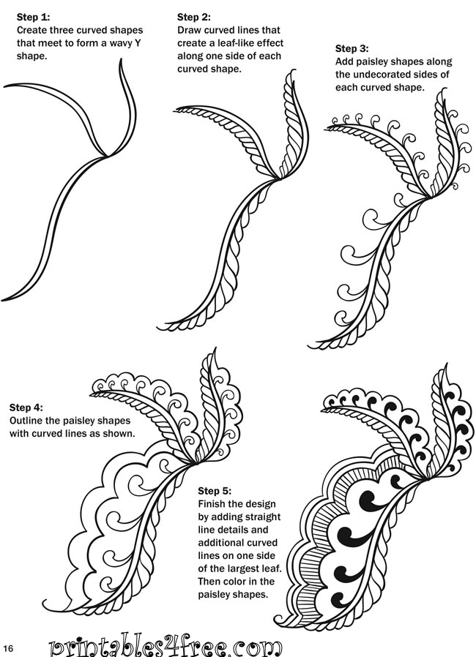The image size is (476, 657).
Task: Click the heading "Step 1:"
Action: point(33,17)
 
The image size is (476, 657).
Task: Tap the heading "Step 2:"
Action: point(194,17)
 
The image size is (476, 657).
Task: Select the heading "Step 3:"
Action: point(352,48)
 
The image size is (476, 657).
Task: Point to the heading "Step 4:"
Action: point(26,408)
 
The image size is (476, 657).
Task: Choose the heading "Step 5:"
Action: point(215,491)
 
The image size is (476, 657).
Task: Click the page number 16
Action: point(8,648)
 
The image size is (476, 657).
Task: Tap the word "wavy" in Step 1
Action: point(121,43)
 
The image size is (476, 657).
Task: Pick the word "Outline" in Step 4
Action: point(26,421)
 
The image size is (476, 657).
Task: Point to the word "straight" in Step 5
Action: point(263,517)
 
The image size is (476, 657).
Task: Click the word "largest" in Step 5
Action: point(244,569)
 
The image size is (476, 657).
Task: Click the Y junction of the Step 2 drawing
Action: point(278,179)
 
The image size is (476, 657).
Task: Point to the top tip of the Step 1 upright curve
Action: point(121,59)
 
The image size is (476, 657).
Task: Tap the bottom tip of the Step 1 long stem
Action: point(2,299)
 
